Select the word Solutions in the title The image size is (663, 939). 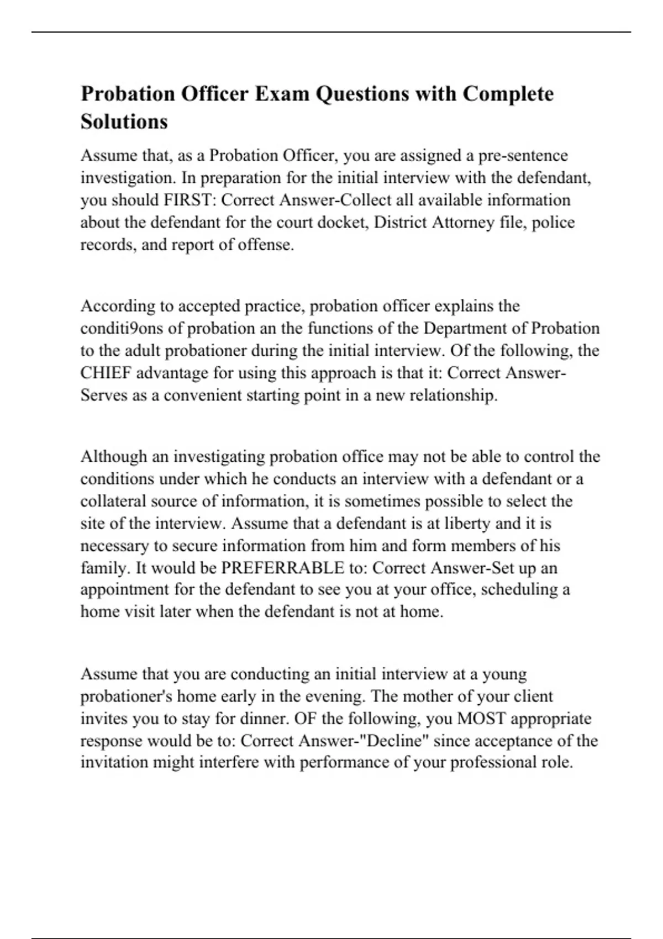(124, 122)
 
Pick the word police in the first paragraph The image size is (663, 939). (553, 222)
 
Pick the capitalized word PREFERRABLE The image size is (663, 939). (282, 568)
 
